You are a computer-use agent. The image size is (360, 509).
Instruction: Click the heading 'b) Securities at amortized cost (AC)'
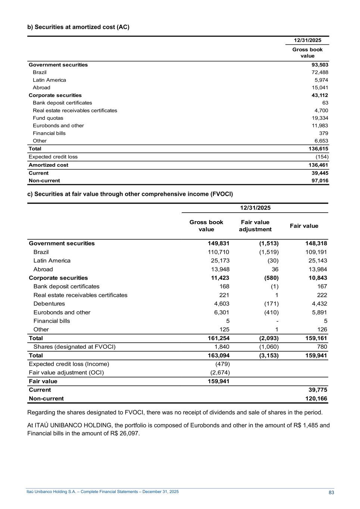(x=78, y=27)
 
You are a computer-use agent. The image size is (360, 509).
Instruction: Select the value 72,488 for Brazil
(x=320, y=72)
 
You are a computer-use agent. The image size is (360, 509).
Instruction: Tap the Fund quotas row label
(x=48, y=118)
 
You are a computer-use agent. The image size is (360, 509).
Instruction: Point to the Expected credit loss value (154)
(x=322, y=157)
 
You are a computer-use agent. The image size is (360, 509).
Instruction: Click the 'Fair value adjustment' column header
(x=255, y=226)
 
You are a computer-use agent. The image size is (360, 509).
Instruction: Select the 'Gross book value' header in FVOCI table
(x=206, y=226)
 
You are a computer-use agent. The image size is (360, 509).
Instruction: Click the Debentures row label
(x=49, y=304)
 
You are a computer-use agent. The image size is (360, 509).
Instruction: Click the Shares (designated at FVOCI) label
(x=75, y=347)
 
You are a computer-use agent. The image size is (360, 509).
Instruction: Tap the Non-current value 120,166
(x=316, y=399)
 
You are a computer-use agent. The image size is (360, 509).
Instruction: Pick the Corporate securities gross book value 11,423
(x=218, y=278)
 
